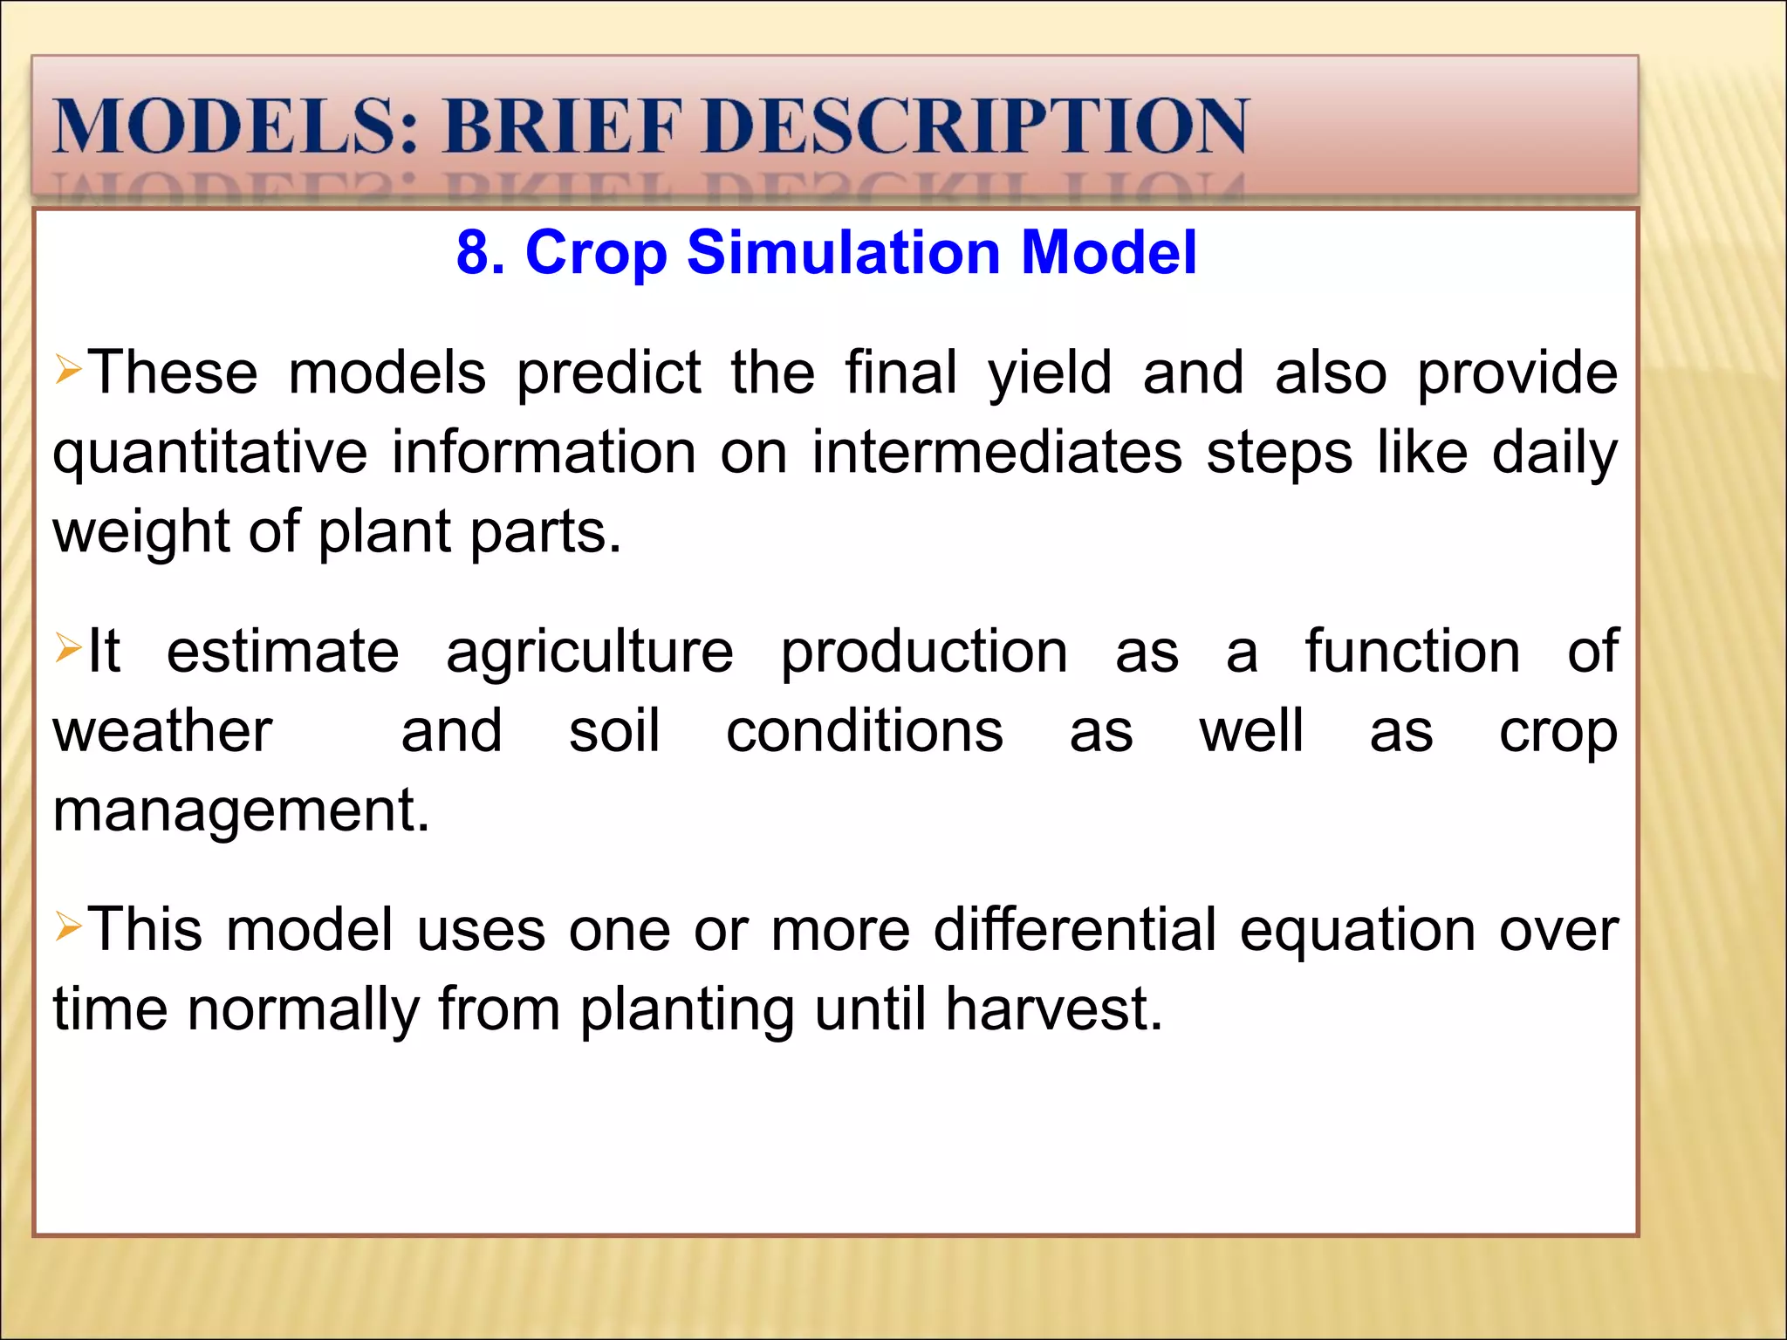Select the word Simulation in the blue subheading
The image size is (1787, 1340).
coord(843,253)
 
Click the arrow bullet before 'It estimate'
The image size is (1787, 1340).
coord(68,648)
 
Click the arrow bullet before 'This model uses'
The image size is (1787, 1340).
coord(68,926)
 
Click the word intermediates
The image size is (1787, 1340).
coord(997,453)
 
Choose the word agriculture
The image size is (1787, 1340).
coord(590,652)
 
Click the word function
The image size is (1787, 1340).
coord(1413,652)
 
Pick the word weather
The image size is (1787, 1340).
coord(162,731)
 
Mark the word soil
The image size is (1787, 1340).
coord(614,731)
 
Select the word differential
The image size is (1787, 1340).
coord(1075,930)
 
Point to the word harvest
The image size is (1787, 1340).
coord(1053,1009)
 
